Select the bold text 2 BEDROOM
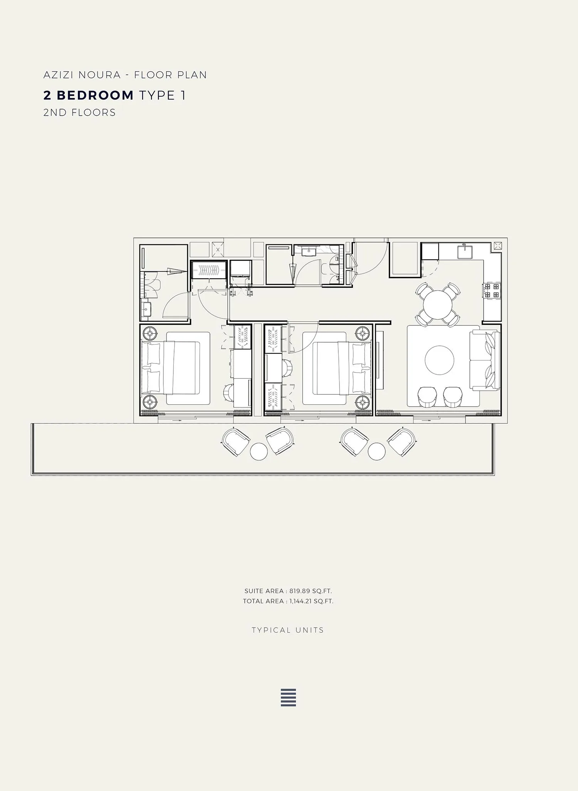point(89,95)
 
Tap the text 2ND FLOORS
point(79,113)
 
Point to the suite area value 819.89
point(300,591)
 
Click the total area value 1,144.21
point(301,601)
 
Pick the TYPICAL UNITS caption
point(288,630)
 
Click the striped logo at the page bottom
point(288,697)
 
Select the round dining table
point(438,305)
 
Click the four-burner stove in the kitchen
point(492,291)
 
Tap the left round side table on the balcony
point(259,451)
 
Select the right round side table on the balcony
point(377,451)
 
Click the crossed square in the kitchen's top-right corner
point(497,246)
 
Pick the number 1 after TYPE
point(183,95)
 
